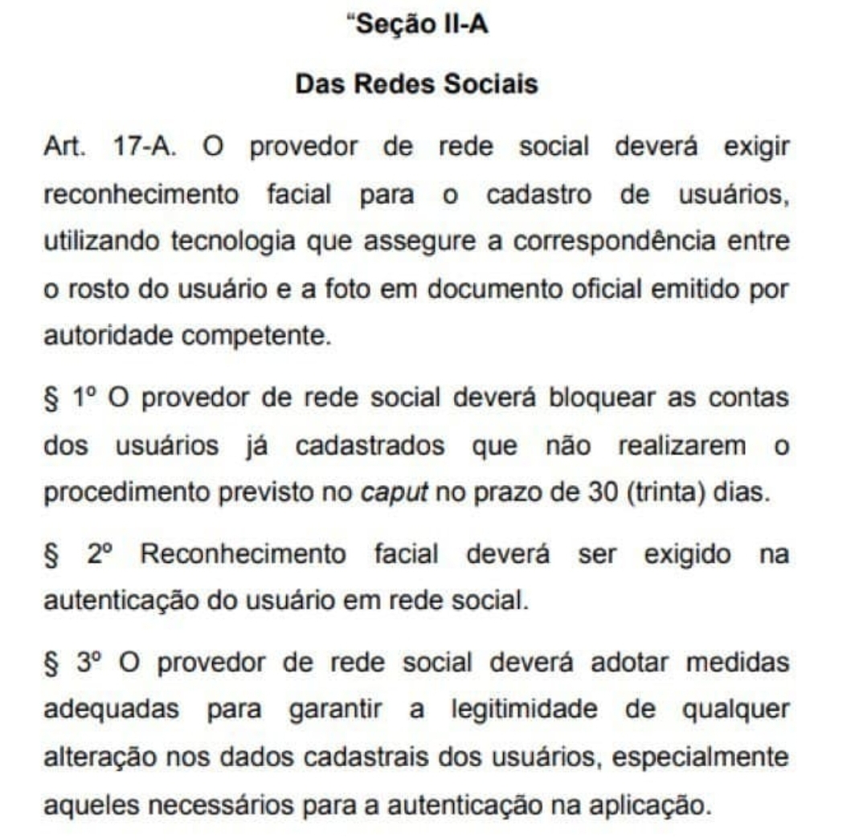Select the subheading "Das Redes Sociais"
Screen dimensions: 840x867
[x=417, y=84]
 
